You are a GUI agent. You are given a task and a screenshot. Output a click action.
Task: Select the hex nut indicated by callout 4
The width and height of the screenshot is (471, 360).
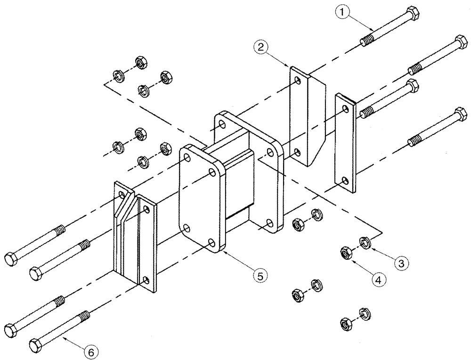point(345,253)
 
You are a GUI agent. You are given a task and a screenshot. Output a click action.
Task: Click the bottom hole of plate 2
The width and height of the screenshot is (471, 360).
point(297,152)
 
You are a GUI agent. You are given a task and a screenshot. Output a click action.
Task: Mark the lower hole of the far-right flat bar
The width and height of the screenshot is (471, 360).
point(345,180)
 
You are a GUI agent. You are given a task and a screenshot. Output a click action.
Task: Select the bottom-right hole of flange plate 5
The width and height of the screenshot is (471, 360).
point(211,244)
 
